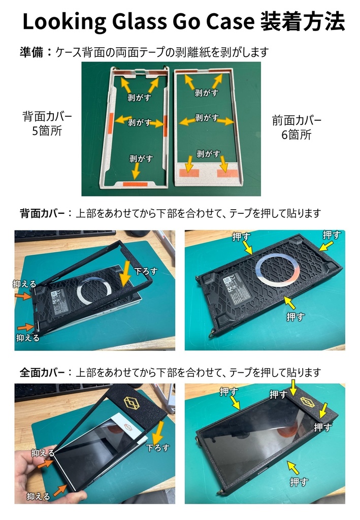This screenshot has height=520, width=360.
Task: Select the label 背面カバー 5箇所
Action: (x=47, y=123)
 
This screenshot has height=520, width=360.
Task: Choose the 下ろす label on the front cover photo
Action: (x=157, y=448)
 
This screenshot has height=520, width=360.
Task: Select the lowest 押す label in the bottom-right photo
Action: (x=298, y=481)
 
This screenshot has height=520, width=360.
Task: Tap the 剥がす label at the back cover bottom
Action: (x=141, y=158)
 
